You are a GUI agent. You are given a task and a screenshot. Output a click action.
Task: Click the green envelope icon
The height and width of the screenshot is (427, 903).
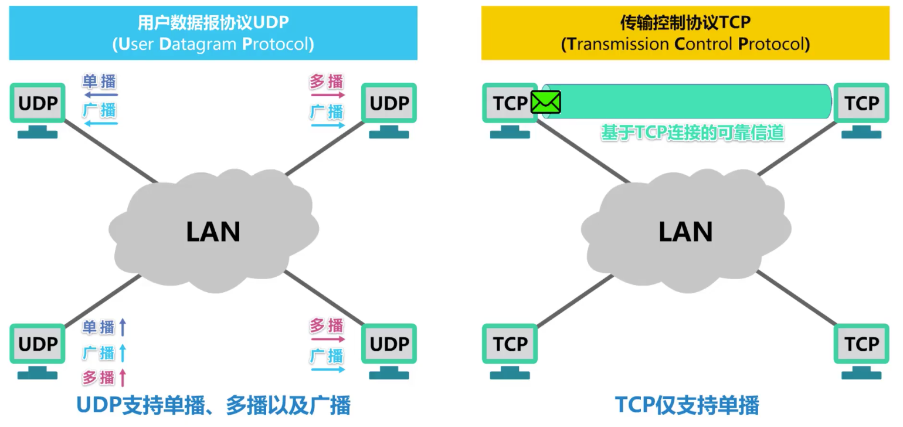pyautogui.click(x=546, y=103)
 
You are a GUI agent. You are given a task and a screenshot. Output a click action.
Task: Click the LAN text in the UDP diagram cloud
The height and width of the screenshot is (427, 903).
pyautogui.click(x=213, y=232)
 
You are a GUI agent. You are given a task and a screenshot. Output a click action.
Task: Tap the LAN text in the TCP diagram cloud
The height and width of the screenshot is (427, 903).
pyautogui.click(x=685, y=232)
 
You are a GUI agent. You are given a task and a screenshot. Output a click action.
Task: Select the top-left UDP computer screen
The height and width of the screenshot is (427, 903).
pyautogui.click(x=38, y=104)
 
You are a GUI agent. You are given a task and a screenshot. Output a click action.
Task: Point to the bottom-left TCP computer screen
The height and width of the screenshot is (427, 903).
pyautogui.click(x=510, y=344)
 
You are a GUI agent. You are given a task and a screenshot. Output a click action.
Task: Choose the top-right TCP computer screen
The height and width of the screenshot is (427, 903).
pyautogui.click(x=861, y=104)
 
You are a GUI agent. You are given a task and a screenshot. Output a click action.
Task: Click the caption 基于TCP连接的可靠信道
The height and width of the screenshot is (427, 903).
pyautogui.click(x=692, y=133)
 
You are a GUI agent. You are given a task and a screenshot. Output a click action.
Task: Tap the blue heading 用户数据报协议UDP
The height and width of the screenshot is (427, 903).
pyautogui.click(x=213, y=23)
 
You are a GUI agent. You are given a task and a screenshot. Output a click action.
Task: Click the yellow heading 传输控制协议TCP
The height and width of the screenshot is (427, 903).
pyautogui.click(x=685, y=23)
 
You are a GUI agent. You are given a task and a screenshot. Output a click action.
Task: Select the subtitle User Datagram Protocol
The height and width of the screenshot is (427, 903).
pyautogui.click(x=213, y=45)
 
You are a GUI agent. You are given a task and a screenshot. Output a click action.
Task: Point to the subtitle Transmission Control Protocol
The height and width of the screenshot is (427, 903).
pyautogui.click(x=685, y=45)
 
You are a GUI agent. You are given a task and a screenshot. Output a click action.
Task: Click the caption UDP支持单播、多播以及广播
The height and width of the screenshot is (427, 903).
pyautogui.click(x=213, y=405)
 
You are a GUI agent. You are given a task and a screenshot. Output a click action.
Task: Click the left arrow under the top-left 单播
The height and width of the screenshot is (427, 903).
pyautogui.click(x=100, y=94)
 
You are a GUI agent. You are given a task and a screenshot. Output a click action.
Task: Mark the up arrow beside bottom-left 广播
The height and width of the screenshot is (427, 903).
pyautogui.click(x=123, y=353)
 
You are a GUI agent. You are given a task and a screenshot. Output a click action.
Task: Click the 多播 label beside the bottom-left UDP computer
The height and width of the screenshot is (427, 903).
pyautogui.click(x=99, y=378)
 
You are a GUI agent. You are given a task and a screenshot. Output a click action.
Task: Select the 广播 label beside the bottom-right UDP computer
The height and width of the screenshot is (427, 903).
pyautogui.click(x=327, y=355)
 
